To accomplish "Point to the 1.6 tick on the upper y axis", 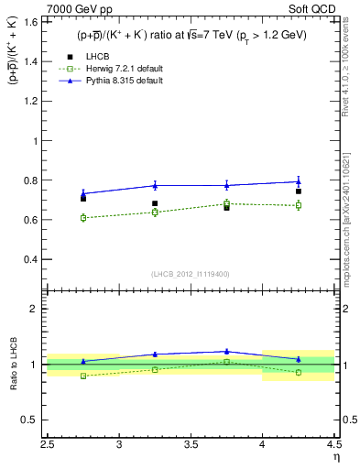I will coord(35,23).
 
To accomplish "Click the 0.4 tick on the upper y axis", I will coord(35,259).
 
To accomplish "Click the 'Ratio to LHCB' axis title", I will coord(13,365).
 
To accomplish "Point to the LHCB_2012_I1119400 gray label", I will coord(191,274).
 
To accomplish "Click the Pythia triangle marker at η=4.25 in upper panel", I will coord(298,181).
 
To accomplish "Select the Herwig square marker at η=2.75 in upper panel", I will coord(83,218).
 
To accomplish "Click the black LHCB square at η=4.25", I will coord(298,191).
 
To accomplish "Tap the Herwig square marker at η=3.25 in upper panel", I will coord(155,212).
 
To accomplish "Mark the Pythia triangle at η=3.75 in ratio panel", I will coord(226,351).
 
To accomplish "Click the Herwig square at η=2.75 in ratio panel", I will coord(83,376).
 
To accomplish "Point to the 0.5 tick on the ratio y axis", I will coord(35,420).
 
